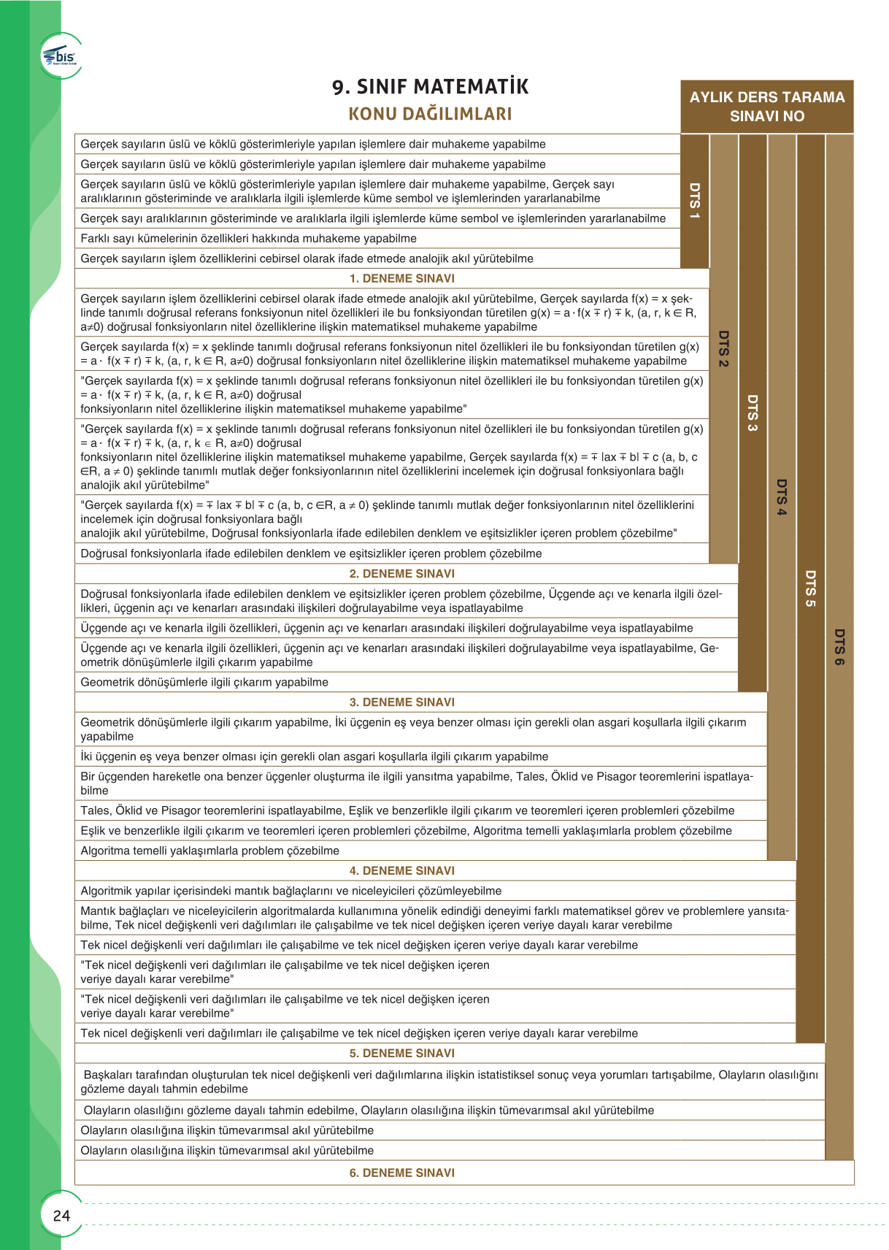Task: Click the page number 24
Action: (61, 1216)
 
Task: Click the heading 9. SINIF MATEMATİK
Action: (430, 87)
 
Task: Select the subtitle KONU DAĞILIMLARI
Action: (430, 114)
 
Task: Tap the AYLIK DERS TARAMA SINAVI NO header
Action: (766, 107)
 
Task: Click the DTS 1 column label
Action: (695, 201)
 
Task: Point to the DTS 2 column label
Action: (723, 348)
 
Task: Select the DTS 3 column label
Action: (753, 413)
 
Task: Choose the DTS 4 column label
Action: (782, 497)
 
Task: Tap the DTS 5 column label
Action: (810, 588)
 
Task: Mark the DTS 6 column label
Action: (839, 647)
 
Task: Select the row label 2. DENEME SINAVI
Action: (401, 574)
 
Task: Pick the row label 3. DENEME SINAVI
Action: (401, 702)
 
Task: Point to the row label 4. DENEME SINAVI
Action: (401, 871)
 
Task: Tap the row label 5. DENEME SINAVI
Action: (401, 1054)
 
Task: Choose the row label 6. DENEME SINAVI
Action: (401, 1173)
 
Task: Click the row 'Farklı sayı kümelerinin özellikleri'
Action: (248, 239)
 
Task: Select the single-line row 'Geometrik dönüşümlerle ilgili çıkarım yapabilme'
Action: (204, 682)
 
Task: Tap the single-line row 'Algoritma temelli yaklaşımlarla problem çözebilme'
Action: (209, 851)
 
